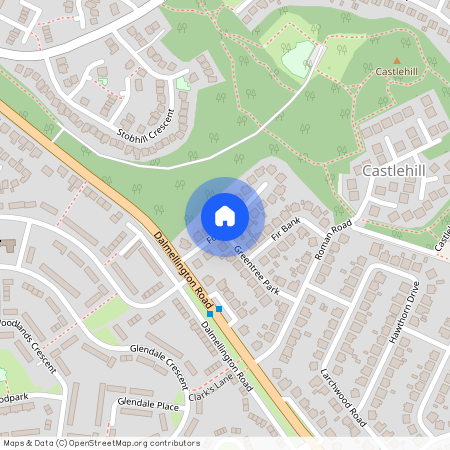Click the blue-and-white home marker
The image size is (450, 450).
point(225,216)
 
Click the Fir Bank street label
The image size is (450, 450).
point(285,229)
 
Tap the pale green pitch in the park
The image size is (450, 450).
point(299,59)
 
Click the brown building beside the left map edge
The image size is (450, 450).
point(8,244)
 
